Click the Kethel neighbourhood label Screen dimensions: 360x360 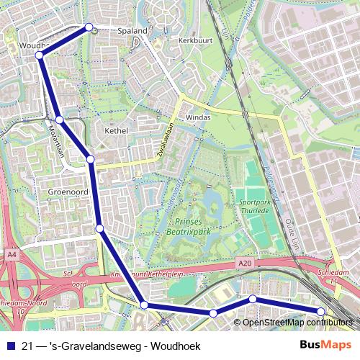(x=116, y=131)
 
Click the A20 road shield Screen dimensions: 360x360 (x=244, y=265)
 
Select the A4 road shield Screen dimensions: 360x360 (x=12, y=254)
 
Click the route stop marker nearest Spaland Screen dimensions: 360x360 (x=89, y=27)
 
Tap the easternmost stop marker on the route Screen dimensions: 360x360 (x=321, y=311)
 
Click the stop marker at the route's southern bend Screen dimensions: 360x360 (x=144, y=305)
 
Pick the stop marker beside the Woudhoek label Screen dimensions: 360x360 (x=39, y=55)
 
